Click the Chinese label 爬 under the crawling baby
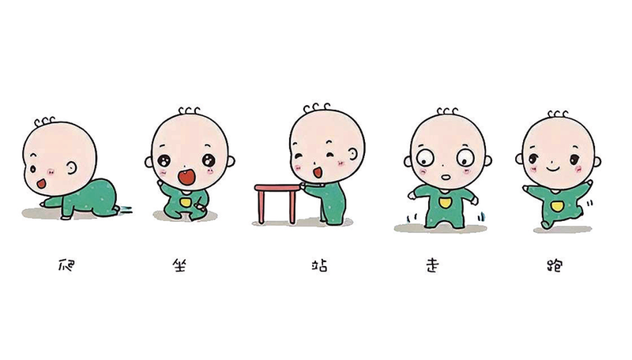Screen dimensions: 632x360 click(x=66, y=265)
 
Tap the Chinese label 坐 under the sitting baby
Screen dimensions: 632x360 click(x=180, y=265)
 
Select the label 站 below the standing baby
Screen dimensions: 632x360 click(x=320, y=265)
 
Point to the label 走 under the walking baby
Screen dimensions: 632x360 click(x=432, y=265)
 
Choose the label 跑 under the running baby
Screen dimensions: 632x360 click(x=555, y=266)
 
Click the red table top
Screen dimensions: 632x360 click(x=278, y=188)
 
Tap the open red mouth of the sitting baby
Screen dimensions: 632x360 click(x=186, y=177)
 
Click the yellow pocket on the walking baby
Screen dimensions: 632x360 click(x=445, y=203)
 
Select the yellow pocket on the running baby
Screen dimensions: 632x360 click(x=557, y=206)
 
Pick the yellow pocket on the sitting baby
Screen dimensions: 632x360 click(x=186, y=201)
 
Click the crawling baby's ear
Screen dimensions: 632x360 click(x=72, y=168)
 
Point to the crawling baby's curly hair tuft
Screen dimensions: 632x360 click(x=44, y=122)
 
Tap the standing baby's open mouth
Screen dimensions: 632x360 click(x=318, y=173)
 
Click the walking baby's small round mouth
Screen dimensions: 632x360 click(x=445, y=177)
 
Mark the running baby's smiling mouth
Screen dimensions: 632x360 click(x=553, y=167)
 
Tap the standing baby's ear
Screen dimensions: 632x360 click(x=352, y=154)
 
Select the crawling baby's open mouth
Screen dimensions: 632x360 click(x=41, y=184)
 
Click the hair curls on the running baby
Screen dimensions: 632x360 click(x=558, y=114)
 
